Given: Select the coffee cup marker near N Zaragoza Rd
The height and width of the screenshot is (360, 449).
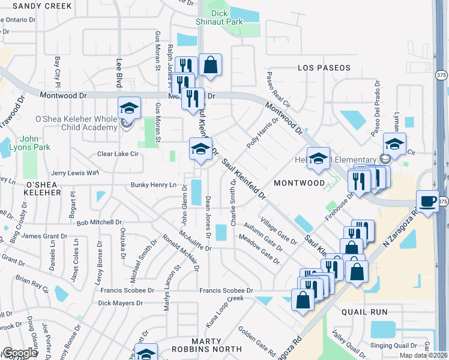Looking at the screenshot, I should point(427,201).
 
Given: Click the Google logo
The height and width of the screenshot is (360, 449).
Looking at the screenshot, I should point(19,352).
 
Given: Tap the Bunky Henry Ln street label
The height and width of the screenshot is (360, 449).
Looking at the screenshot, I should point(154,185).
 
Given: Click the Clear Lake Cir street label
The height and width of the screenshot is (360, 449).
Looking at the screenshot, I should point(118,154).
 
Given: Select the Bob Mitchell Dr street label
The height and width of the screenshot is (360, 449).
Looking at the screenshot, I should point(99,222).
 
